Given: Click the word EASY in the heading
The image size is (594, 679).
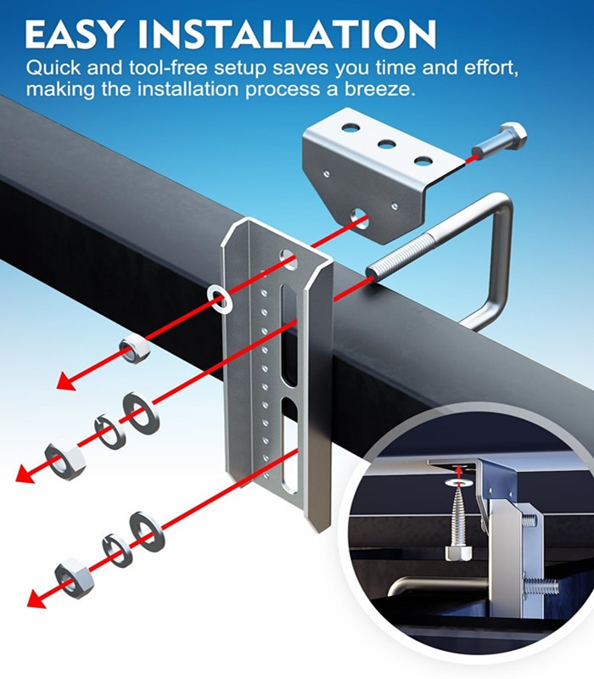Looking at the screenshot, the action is click(71, 34).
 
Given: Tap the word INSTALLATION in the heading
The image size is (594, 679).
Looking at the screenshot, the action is click(287, 34).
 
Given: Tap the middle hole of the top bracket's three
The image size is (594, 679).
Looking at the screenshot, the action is click(387, 144).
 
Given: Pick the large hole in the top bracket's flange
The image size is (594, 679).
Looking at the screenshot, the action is click(360, 216).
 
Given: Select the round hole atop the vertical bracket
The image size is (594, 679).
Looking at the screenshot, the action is click(289, 259).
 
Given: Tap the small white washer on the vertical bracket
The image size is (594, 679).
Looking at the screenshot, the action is click(219, 300).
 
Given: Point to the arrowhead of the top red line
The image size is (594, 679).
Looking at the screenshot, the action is click(67, 381).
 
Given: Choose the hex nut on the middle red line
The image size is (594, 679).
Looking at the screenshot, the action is click(65, 457).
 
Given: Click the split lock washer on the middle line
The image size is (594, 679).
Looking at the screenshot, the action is click(110, 431).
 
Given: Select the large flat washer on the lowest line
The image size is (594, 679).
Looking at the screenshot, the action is click(147, 532).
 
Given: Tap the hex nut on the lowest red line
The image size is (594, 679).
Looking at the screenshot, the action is click(75, 579).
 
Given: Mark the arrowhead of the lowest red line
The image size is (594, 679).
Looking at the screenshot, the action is click(37, 598).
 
